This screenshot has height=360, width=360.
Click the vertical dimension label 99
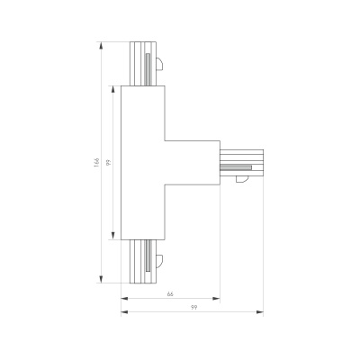click(108, 163)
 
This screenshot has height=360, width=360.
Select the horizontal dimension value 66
click(170, 294)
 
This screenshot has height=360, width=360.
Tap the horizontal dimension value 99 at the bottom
click(192, 309)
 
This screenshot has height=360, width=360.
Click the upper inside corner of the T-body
click(165, 141)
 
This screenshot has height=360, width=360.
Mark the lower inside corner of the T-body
click(165, 185)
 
